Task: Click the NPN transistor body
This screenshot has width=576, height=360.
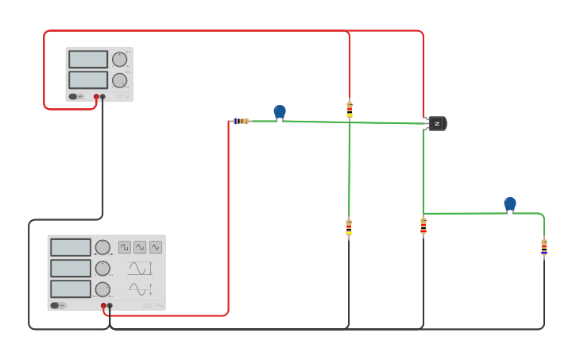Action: click(436, 123)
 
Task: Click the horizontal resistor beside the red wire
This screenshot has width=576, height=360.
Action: click(241, 121)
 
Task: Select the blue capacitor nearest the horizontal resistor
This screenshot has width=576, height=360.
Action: click(280, 112)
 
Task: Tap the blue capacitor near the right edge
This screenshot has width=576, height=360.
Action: click(510, 204)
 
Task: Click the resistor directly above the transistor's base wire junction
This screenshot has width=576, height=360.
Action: click(350, 109)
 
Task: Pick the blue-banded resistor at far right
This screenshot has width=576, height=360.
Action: click(544, 248)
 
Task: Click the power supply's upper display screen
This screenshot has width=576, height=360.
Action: click(88, 60)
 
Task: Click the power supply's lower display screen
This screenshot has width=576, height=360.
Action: click(88, 80)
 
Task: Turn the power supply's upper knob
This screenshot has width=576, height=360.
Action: click(119, 59)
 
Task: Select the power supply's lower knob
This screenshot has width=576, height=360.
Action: click(119, 80)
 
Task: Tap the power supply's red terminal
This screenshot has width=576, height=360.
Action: click(96, 97)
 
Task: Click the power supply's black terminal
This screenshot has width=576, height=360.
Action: click(102, 97)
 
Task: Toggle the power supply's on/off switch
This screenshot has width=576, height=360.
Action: click(73, 97)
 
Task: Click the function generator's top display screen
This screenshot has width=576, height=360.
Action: click(71, 247)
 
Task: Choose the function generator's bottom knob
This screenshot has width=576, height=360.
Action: click(102, 288)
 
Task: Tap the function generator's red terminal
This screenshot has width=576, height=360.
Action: click(103, 305)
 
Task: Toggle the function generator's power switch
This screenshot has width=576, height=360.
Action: click(55, 305)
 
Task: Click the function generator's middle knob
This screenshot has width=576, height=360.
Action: click(102, 268)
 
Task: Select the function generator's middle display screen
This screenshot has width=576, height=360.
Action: click(71, 268)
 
